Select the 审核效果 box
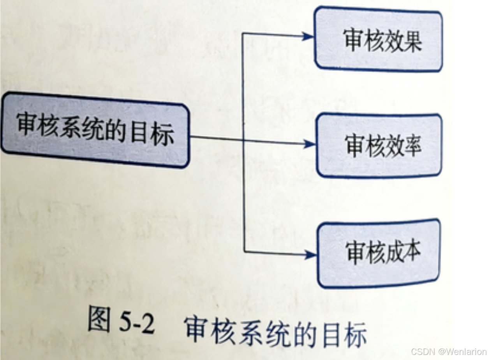click(378, 39)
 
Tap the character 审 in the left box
click(27, 124)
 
